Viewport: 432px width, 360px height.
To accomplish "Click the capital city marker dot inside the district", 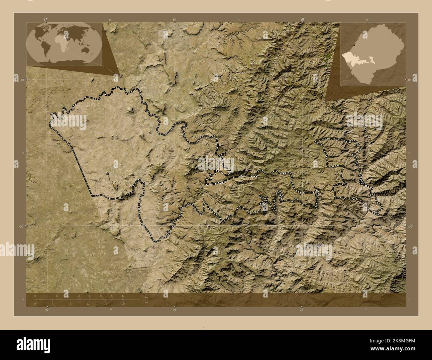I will coord(107,173).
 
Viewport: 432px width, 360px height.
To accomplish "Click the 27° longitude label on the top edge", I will coord(45,19).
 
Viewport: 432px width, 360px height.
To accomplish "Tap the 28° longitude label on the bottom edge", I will coord(301,310).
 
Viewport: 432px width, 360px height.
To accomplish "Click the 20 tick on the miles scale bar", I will coord(123,304).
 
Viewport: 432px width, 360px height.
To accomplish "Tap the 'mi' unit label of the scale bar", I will coord(146,302).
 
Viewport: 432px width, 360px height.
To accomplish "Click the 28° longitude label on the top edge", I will coord(302,19).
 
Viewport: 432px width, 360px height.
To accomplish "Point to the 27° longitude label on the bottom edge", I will coord(47,310).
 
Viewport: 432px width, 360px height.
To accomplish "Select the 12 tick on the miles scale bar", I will coord(88,304).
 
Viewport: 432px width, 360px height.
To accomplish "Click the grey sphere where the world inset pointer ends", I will coord(120,76).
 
